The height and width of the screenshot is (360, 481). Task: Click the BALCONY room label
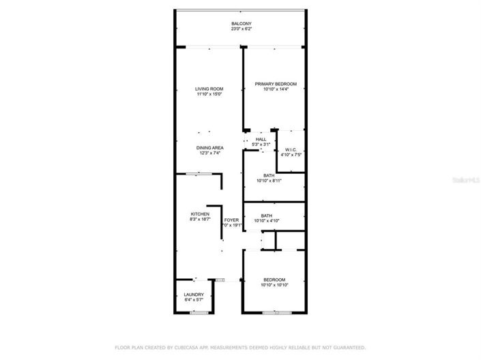pyautogui.click(x=241, y=24)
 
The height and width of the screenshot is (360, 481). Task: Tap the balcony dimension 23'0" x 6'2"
pyautogui.click(x=241, y=29)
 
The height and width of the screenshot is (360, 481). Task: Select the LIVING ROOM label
pyautogui.click(x=209, y=89)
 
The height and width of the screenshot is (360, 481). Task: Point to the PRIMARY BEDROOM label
pyautogui.click(x=276, y=84)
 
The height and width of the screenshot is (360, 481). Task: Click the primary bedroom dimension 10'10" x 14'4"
pyautogui.click(x=276, y=89)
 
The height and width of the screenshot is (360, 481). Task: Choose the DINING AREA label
pyautogui.click(x=209, y=148)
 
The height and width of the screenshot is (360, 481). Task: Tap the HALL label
pyautogui.click(x=261, y=139)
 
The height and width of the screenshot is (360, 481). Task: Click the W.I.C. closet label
pyautogui.click(x=291, y=149)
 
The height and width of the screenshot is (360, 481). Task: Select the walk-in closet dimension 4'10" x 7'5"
pyautogui.click(x=291, y=155)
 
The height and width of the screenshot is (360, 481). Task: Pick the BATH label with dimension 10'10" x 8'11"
pyautogui.click(x=269, y=175)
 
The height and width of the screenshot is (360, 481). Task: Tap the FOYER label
pyautogui.click(x=232, y=220)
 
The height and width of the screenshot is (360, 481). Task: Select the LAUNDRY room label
pyautogui.click(x=194, y=295)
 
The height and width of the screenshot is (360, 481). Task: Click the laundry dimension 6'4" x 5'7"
pyautogui.click(x=194, y=300)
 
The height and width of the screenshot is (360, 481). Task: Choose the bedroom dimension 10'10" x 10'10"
pyautogui.click(x=274, y=285)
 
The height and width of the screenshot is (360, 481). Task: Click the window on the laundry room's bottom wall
pyautogui.click(x=199, y=312)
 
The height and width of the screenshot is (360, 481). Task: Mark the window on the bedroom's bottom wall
pyautogui.click(x=276, y=312)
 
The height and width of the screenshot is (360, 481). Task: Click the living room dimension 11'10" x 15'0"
pyautogui.click(x=209, y=94)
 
